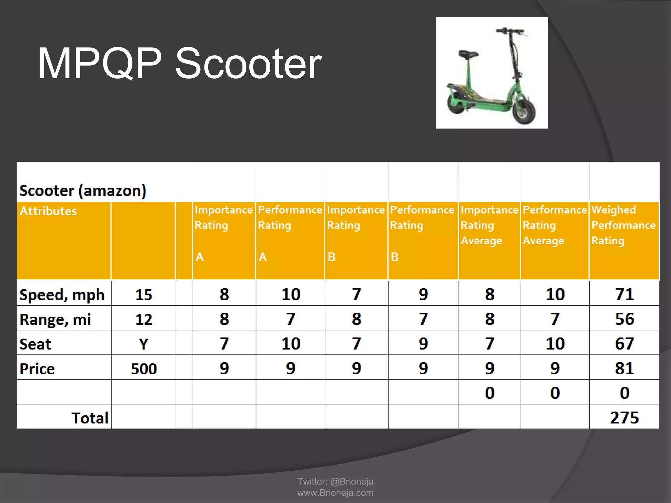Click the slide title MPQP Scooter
point(180,64)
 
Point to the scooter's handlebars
point(509,31)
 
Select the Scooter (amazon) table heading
point(83,191)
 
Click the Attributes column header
point(48,211)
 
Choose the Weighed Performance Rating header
point(623,225)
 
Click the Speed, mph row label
point(62,295)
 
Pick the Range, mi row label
point(55,319)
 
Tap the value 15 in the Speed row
point(144,295)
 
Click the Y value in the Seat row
point(144,344)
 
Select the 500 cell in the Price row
point(144,369)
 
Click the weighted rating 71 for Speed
point(624,294)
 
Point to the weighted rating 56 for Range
point(624,319)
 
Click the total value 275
point(624,418)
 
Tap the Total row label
point(90,418)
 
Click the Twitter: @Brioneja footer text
point(335,481)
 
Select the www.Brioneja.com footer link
point(335,493)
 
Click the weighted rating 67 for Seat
point(624,344)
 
